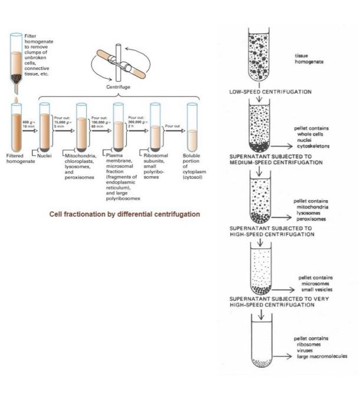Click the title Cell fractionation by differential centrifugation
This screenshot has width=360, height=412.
124,214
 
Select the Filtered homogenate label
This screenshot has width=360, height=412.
16,158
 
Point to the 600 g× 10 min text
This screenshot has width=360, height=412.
28,124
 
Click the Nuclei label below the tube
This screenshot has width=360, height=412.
47,155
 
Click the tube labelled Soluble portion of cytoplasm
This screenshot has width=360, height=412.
192,126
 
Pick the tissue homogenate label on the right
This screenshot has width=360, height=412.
305,58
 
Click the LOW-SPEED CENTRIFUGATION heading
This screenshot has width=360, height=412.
270,92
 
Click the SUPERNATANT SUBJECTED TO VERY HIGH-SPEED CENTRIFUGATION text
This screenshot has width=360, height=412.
271,301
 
